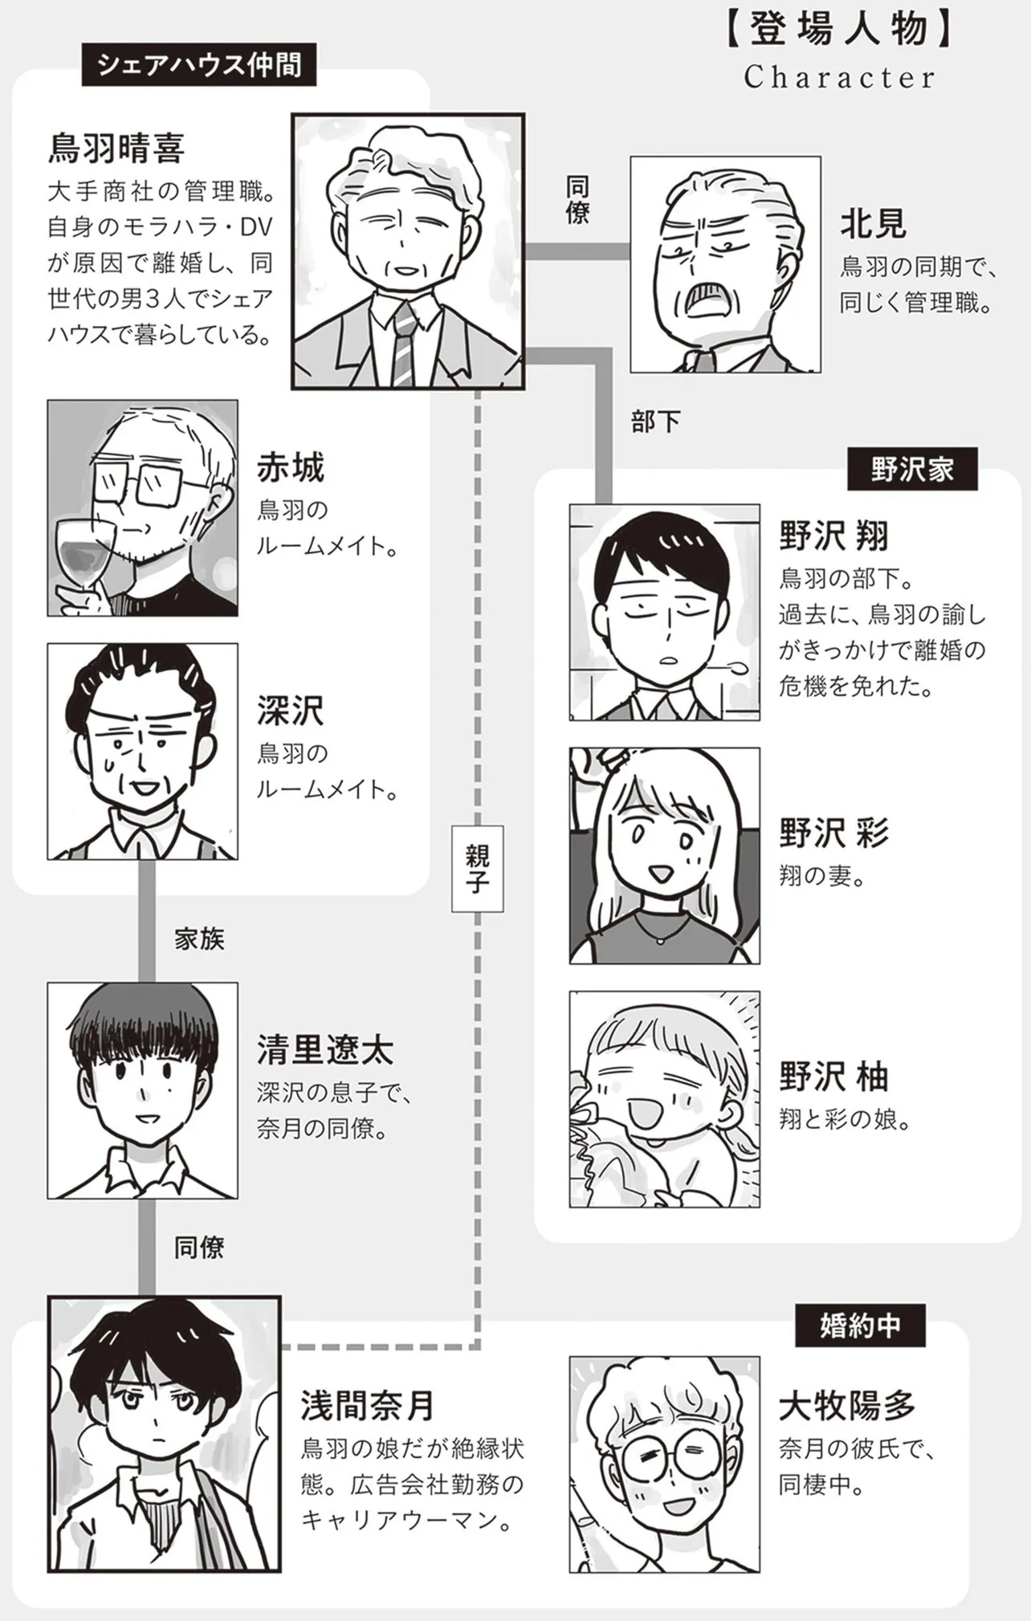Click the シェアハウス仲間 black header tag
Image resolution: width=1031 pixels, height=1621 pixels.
click(x=199, y=65)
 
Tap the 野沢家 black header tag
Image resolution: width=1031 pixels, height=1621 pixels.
click(x=912, y=469)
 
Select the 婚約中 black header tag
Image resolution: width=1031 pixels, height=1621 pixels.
click(x=860, y=1326)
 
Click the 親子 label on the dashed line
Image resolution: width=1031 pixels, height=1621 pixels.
click(x=478, y=869)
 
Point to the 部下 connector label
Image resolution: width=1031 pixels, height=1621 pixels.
click(x=655, y=422)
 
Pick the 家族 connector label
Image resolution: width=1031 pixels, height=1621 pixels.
click(x=199, y=939)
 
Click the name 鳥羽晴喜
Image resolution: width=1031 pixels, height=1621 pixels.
click(x=117, y=148)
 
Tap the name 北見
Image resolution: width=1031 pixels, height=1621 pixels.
click(x=873, y=224)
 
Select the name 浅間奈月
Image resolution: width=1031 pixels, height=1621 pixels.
click(x=367, y=1406)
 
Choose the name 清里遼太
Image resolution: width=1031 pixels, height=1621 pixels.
click(x=325, y=1049)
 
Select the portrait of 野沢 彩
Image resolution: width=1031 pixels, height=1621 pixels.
click(x=665, y=856)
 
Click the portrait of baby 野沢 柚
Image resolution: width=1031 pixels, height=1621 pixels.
click(x=665, y=1099)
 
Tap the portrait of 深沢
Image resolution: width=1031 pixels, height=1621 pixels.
click(x=143, y=751)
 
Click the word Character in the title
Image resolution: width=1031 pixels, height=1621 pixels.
click(x=839, y=77)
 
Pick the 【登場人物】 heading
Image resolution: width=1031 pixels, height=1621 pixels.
click(x=839, y=31)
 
